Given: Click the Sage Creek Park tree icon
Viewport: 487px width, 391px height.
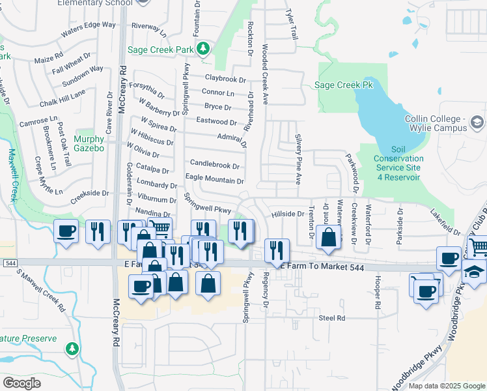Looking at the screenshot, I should point(204,48).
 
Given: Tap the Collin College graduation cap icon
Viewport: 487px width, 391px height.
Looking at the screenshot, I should point(477,123).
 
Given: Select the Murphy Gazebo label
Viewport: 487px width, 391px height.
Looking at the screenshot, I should point(89,143).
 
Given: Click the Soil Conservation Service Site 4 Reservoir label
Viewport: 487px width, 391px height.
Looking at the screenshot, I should point(399,163).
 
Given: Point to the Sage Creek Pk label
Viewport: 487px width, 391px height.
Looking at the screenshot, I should point(343,85).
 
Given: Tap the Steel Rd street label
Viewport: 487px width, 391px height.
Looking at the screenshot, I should point(331,317).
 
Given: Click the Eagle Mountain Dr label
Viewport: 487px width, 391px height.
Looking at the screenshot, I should point(215,181).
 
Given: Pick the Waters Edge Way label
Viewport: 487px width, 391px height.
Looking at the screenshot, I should point(88,29).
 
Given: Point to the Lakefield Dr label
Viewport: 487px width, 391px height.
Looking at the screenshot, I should point(446,222).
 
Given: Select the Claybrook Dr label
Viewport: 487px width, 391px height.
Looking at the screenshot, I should point(225,78).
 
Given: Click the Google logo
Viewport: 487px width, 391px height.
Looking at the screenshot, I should point(21,383).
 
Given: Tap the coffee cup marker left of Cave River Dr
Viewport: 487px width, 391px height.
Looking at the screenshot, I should point(66,231).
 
